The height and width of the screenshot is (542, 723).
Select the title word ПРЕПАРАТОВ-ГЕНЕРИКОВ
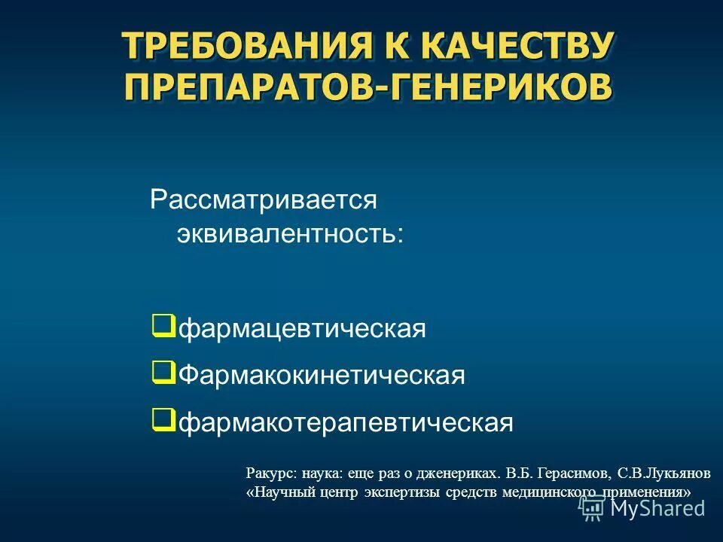(368, 87)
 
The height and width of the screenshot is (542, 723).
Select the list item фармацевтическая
(302, 329)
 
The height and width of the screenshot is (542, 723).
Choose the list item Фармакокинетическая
(322, 375)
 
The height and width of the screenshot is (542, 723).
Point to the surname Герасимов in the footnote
(570, 473)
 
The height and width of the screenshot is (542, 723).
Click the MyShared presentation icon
(592, 508)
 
